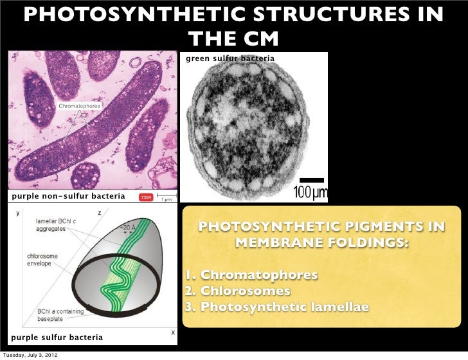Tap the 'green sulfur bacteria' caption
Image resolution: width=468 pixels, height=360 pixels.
click(230, 59)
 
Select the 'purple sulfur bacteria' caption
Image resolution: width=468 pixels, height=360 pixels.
click(57, 337)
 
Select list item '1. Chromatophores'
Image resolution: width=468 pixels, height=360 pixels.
click(251, 276)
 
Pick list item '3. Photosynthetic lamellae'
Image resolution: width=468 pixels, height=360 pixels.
click(277, 307)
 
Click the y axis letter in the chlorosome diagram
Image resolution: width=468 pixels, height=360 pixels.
click(17, 212)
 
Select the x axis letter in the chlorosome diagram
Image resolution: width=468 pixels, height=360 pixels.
click(172, 332)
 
